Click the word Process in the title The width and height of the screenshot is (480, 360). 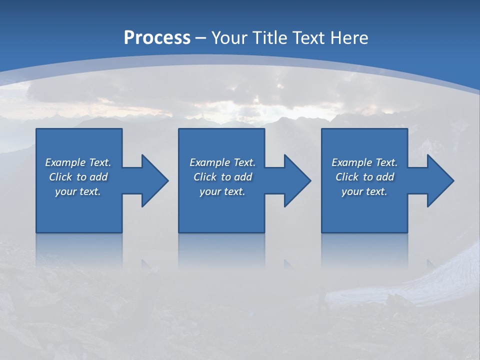(157, 38)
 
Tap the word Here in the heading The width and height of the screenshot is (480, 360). (350, 38)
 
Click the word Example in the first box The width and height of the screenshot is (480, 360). (65, 162)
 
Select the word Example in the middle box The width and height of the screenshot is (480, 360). (210, 162)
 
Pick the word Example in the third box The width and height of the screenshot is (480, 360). (352, 162)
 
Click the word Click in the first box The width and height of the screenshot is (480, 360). (60, 177)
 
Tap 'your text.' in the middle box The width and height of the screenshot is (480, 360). (222, 191)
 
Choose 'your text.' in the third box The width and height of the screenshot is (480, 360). (364, 191)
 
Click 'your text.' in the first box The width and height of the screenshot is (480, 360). (78, 191)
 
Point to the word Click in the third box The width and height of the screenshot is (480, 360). (347, 177)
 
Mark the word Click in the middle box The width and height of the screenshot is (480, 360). (205, 177)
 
